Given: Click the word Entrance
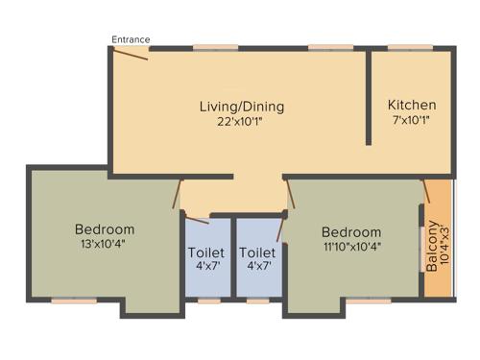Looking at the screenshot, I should [x=131, y=39].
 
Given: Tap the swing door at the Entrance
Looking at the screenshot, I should [x=130, y=54].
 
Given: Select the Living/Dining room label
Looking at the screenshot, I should [x=241, y=106].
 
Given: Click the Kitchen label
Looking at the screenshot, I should [x=412, y=105].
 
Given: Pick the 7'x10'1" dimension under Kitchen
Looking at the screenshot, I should [x=412, y=121].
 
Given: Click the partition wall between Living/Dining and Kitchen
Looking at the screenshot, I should [x=368, y=96].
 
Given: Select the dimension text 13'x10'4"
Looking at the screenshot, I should [x=105, y=245].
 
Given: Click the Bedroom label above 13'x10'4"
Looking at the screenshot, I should [x=105, y=230].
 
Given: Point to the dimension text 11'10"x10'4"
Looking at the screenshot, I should [x=350, y=248].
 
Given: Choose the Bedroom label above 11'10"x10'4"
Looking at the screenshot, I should [x=350, y=232].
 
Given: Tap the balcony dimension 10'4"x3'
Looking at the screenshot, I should [x=444, y=247].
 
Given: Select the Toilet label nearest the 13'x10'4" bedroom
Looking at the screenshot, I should [x=206, y=253].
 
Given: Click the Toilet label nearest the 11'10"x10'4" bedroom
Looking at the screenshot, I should [x=257, y=253].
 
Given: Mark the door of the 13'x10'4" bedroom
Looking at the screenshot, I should [x=177, y=196].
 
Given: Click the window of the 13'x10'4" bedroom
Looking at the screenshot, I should [x=73, y=300].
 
